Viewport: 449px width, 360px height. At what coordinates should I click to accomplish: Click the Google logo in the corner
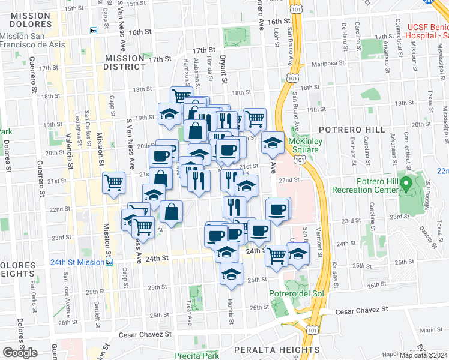click(x=20, y=353)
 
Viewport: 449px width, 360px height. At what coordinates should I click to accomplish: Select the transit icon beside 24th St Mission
click(x=109, y=262)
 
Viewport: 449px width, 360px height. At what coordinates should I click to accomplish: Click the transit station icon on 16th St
click(x=93, y=31)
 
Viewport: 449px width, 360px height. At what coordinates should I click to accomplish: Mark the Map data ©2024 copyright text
click(x=423, y=355)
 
